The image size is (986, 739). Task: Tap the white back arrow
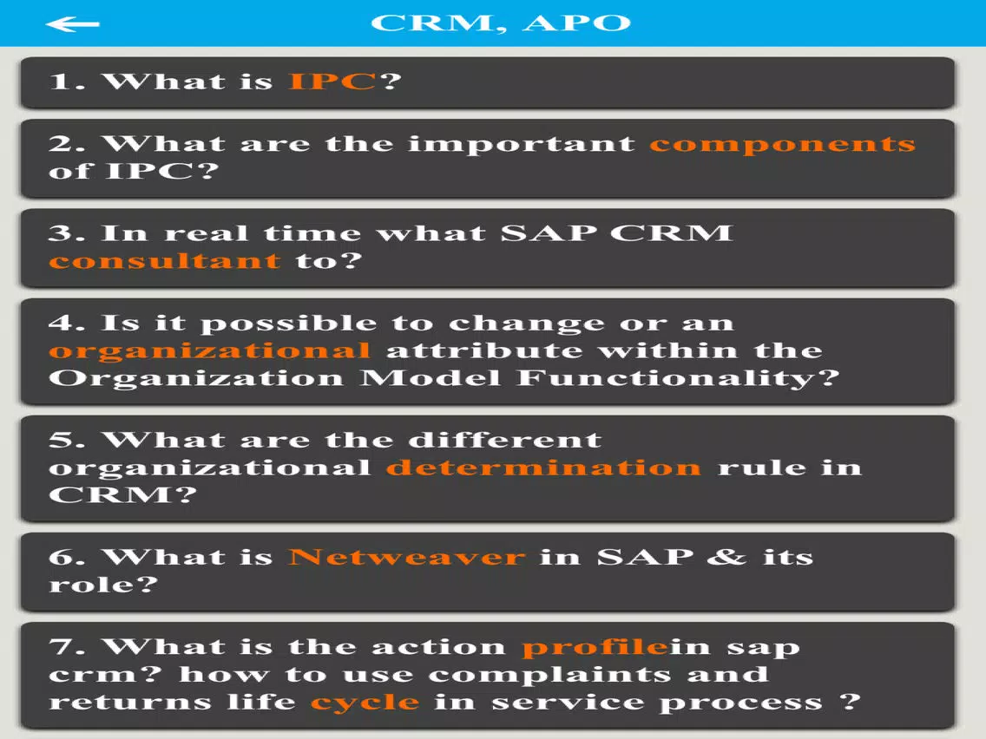coord(72,24)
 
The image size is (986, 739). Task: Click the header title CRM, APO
coord(501,23)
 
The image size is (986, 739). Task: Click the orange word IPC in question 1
coord(332,81)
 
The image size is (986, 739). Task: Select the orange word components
coord(782,145)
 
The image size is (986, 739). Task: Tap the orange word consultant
coord(165,260)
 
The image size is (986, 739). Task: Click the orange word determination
coord(543,467)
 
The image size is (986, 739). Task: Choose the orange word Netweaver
coord(406,557)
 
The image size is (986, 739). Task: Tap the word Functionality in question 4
coord(678,378)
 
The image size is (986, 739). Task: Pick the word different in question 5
coord(505,440)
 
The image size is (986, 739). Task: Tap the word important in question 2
coord(522,145)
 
